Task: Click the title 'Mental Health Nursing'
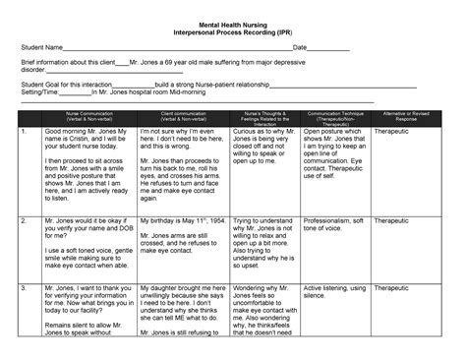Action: point(233,19)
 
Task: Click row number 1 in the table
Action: point(24,131)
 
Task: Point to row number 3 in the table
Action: point(24,290)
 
